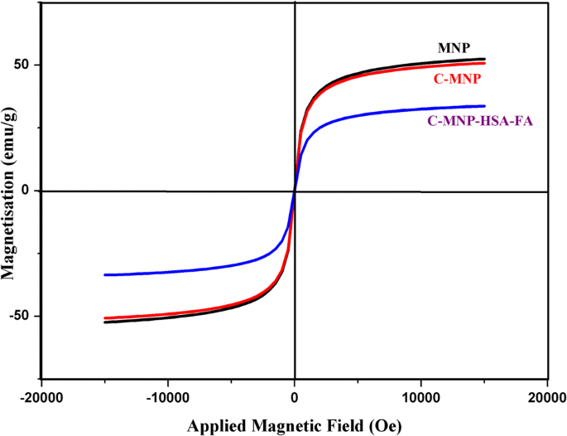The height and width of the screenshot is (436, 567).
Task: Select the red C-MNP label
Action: (x=458, y=80)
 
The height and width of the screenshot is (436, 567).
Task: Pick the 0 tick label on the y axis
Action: (x=31, y=191)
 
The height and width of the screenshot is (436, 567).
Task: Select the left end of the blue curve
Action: (x=104, y=274)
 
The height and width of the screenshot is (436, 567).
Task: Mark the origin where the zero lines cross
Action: (x=295, y=191)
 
